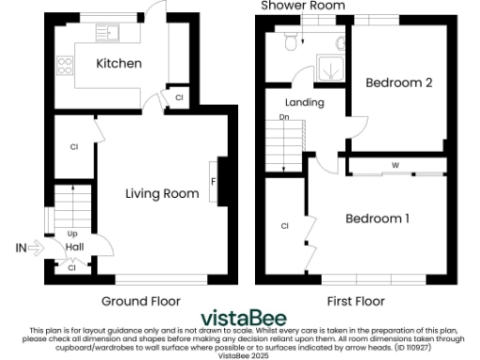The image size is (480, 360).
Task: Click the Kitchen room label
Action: click(x=118, y=64)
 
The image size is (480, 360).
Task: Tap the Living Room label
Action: click(x=162, y=194)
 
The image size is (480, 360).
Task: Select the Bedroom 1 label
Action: click(x=378, y=218)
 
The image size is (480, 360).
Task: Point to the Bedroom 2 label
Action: click(x=398, y=83)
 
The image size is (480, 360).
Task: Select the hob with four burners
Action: click(x=66, y=66)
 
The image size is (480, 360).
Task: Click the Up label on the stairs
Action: click(x=71, y=233)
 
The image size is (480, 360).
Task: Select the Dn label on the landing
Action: click(x=283, y=118)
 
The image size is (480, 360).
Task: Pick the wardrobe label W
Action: click(x=395, y=165)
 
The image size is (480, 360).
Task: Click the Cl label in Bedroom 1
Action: click(x=283, y=226)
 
